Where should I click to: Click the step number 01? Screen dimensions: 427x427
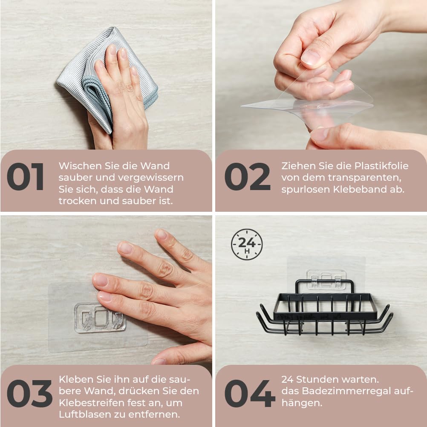25,176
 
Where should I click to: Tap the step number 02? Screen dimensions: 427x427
247,176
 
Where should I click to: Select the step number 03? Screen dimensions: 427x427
29,393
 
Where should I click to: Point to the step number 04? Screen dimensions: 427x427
250,393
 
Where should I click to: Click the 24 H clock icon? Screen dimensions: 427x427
247,244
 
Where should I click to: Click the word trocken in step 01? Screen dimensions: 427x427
78,201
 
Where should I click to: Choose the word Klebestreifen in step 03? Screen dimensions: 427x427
94,402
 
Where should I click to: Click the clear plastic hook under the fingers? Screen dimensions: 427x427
100,318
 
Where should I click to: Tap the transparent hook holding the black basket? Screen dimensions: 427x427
326,280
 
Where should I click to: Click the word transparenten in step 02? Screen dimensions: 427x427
364,178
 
